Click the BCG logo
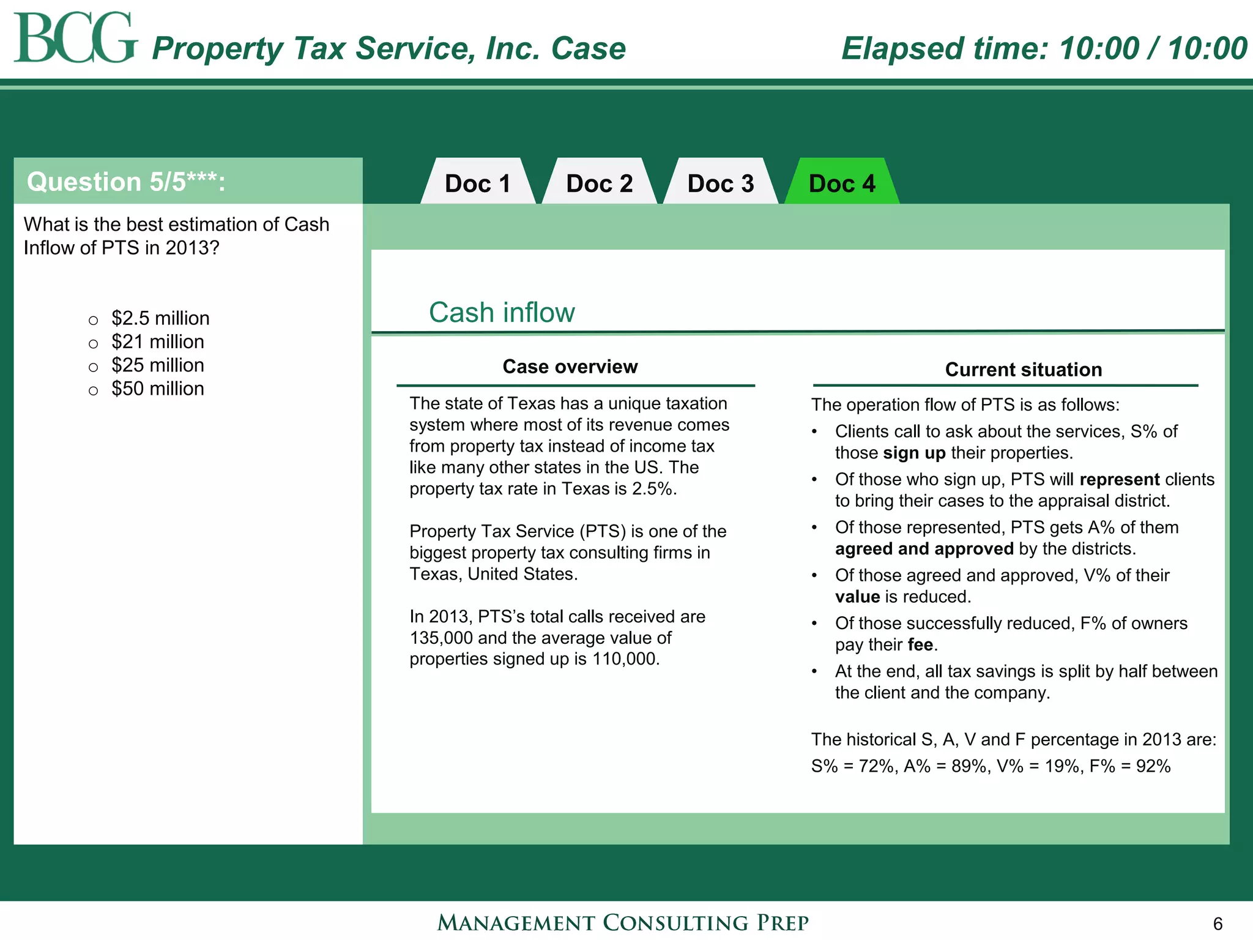click(75, 38)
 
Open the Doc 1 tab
click(477, 184)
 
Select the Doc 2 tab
click(599, 184)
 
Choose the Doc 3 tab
click(720, 184)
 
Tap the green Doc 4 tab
click(842, 184)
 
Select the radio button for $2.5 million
click(94, 320)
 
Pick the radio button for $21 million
click(94, 343)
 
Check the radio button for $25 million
click(94, 367)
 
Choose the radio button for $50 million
click(94, 390)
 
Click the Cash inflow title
click(502, 313)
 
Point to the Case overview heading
click(570, 367)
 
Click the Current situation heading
click(1023, 370)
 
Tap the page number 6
click(1218, 923)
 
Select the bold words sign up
click(915, 453)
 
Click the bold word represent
click(1119, 479)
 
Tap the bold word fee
click(920, 645)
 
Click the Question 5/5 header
click(126, 182)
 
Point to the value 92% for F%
click(1153, 766)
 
